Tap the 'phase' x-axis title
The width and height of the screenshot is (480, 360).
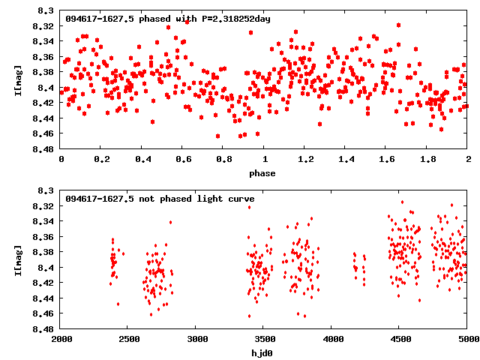tap(262, 174)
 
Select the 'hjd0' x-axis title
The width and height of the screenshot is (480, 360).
tap(262, 353)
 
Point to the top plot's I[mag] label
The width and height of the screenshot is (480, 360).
tap(18, 80)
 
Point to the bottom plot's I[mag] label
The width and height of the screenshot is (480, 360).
tap(18, 259)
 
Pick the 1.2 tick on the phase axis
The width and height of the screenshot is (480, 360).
tap(305, 160)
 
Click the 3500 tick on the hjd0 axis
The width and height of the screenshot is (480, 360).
tap(263, 340)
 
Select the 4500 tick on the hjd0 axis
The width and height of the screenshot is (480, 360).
tap(399, 340)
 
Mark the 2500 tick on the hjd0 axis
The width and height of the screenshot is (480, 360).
tap(127, 340)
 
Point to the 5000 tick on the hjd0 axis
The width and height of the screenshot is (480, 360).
tap(466, 340)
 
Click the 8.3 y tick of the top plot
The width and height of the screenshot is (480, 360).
tap(46, 11)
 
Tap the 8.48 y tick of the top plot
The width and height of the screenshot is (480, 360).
tap(43, 149)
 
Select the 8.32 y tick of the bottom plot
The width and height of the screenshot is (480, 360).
tap(43, 206)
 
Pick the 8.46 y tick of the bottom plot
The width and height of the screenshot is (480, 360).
tap(43, 313)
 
